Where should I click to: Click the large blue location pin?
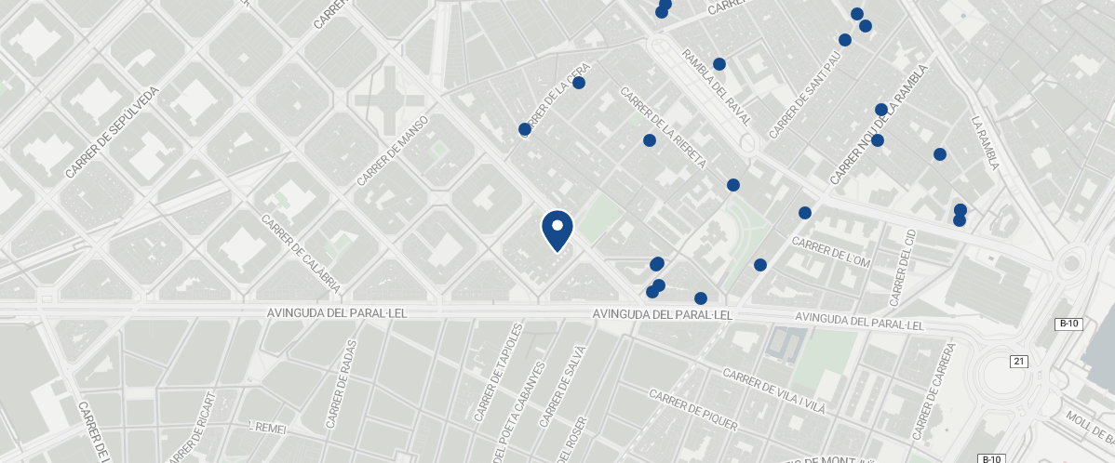coord(557,230)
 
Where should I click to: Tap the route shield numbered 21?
coord(1018,361)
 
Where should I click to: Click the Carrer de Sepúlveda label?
coord(114,131)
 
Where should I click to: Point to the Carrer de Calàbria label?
coord(301,253)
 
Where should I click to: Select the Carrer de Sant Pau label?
coord(806,94)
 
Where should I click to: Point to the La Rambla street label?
coord(985,143)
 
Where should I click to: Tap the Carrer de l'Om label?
coord(830,252)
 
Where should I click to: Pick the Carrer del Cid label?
coord(903,268)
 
